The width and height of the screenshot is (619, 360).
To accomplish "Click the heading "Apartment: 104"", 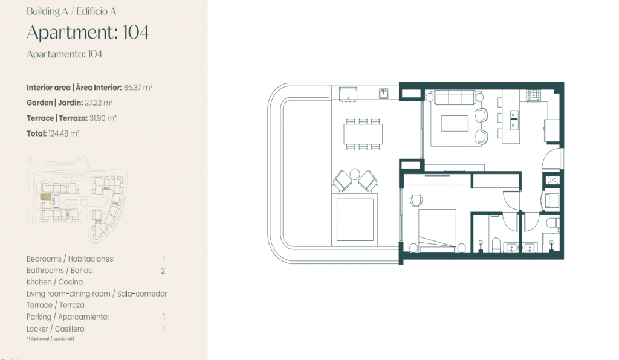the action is (88, 33).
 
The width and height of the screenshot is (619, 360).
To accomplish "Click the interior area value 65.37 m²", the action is (138, 88).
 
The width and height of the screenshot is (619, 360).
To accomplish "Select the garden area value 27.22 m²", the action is (99, 103).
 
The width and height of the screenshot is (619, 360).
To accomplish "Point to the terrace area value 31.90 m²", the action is (103, 118).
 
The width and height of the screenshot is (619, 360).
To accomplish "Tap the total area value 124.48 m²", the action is (64, 133).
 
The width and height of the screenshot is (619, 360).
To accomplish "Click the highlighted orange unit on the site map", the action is (45, 197).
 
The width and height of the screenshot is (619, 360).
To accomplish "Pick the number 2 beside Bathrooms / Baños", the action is (163, 271).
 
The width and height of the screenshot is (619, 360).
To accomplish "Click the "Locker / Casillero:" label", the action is (56, 329).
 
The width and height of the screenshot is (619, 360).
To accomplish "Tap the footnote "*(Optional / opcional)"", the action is (50, 339).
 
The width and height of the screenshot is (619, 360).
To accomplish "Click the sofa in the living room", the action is (455, 97).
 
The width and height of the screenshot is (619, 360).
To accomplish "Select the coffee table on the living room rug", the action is (455, 123).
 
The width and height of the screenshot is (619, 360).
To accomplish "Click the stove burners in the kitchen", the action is (534, 95).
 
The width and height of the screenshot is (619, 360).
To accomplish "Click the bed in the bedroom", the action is (438, 231).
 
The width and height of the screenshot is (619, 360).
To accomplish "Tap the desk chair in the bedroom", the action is (416, 201).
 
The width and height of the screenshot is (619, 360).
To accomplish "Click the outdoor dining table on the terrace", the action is (363, 134).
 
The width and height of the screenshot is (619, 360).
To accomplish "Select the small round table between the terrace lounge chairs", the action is (355, 173).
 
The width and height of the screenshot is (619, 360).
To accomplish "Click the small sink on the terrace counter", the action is (384, 94).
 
